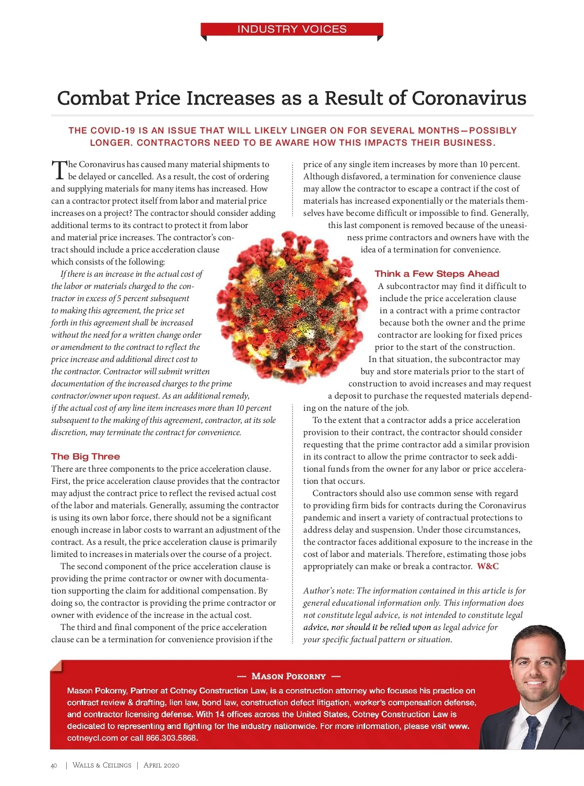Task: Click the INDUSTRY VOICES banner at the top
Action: click(292, 29)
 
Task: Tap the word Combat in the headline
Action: click(93, 98)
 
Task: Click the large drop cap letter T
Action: click(58, 171)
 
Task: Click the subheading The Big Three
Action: click(86, 457)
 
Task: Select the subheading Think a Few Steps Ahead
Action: click(437, 274)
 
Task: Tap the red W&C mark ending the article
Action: click(488, 566)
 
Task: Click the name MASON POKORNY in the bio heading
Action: click(288, 676)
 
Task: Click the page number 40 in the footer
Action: click(54, 766)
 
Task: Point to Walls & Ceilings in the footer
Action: click(102, 765)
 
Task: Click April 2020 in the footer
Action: click(161, 765)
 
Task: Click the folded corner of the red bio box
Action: click(56, 666)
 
